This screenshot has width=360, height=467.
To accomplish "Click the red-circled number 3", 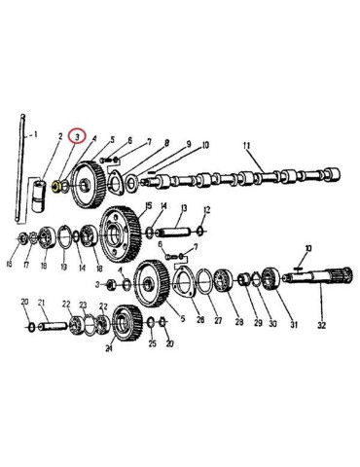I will coord(77,137).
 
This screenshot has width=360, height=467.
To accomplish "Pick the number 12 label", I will coord(206,211).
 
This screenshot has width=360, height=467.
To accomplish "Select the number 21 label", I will coord(43,303).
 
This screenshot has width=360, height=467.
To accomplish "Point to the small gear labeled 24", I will coord(125,320).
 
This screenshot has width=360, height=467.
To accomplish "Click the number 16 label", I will coord(9,264).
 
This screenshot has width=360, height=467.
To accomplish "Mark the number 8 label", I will coord(166,143).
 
